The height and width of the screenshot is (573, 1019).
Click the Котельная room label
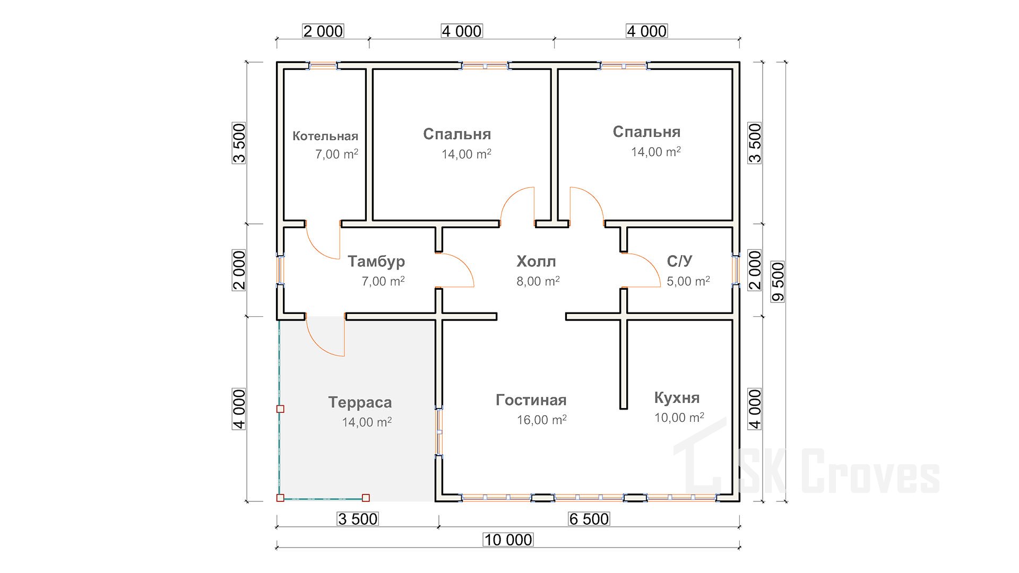[325, 136]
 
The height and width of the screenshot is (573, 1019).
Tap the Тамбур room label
[376, 261]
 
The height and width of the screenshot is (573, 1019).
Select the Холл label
[536, 261]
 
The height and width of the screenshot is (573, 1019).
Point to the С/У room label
[679, 261]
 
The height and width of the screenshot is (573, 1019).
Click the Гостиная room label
[531, 400]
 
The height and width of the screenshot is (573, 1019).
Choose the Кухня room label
[677, 397]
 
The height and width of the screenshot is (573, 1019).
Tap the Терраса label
[360, 402]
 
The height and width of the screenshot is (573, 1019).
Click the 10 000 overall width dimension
[508, 540]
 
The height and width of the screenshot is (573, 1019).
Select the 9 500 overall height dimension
[778, 282]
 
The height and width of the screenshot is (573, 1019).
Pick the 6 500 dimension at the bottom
[589, 519]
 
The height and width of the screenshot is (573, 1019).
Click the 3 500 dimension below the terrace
[358, 519]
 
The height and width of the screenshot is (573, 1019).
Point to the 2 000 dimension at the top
[323, 31]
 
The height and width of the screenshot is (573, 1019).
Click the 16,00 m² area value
[541, 420]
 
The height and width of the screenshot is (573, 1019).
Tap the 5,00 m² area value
[688, 281]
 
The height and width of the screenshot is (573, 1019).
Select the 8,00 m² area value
[538, 281]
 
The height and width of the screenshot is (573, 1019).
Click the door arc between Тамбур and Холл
[458, 268]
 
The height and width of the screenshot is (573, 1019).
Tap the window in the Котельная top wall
[323, 66]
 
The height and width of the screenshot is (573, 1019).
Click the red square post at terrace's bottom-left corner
[280, 498]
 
